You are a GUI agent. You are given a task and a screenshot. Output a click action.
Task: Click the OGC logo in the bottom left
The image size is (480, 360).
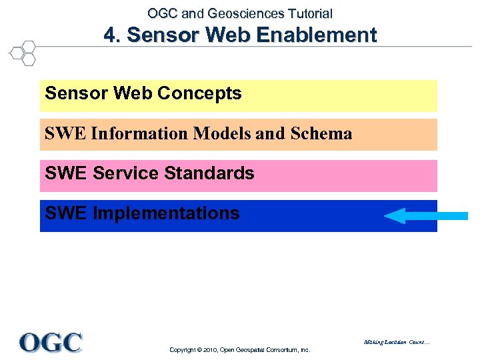(x=51, y=342)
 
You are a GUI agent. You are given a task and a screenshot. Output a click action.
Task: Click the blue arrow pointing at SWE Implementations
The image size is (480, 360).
(x=426, y=215)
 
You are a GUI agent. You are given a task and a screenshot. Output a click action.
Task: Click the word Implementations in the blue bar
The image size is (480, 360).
(x=166, y=213)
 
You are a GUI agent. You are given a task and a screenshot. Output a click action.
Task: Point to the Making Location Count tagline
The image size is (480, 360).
(x=397, y=343)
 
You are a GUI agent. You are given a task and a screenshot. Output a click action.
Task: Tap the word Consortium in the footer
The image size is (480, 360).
(x=275, y=349)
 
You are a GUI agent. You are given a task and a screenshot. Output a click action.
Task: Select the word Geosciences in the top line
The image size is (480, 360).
(x=237, y=13)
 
